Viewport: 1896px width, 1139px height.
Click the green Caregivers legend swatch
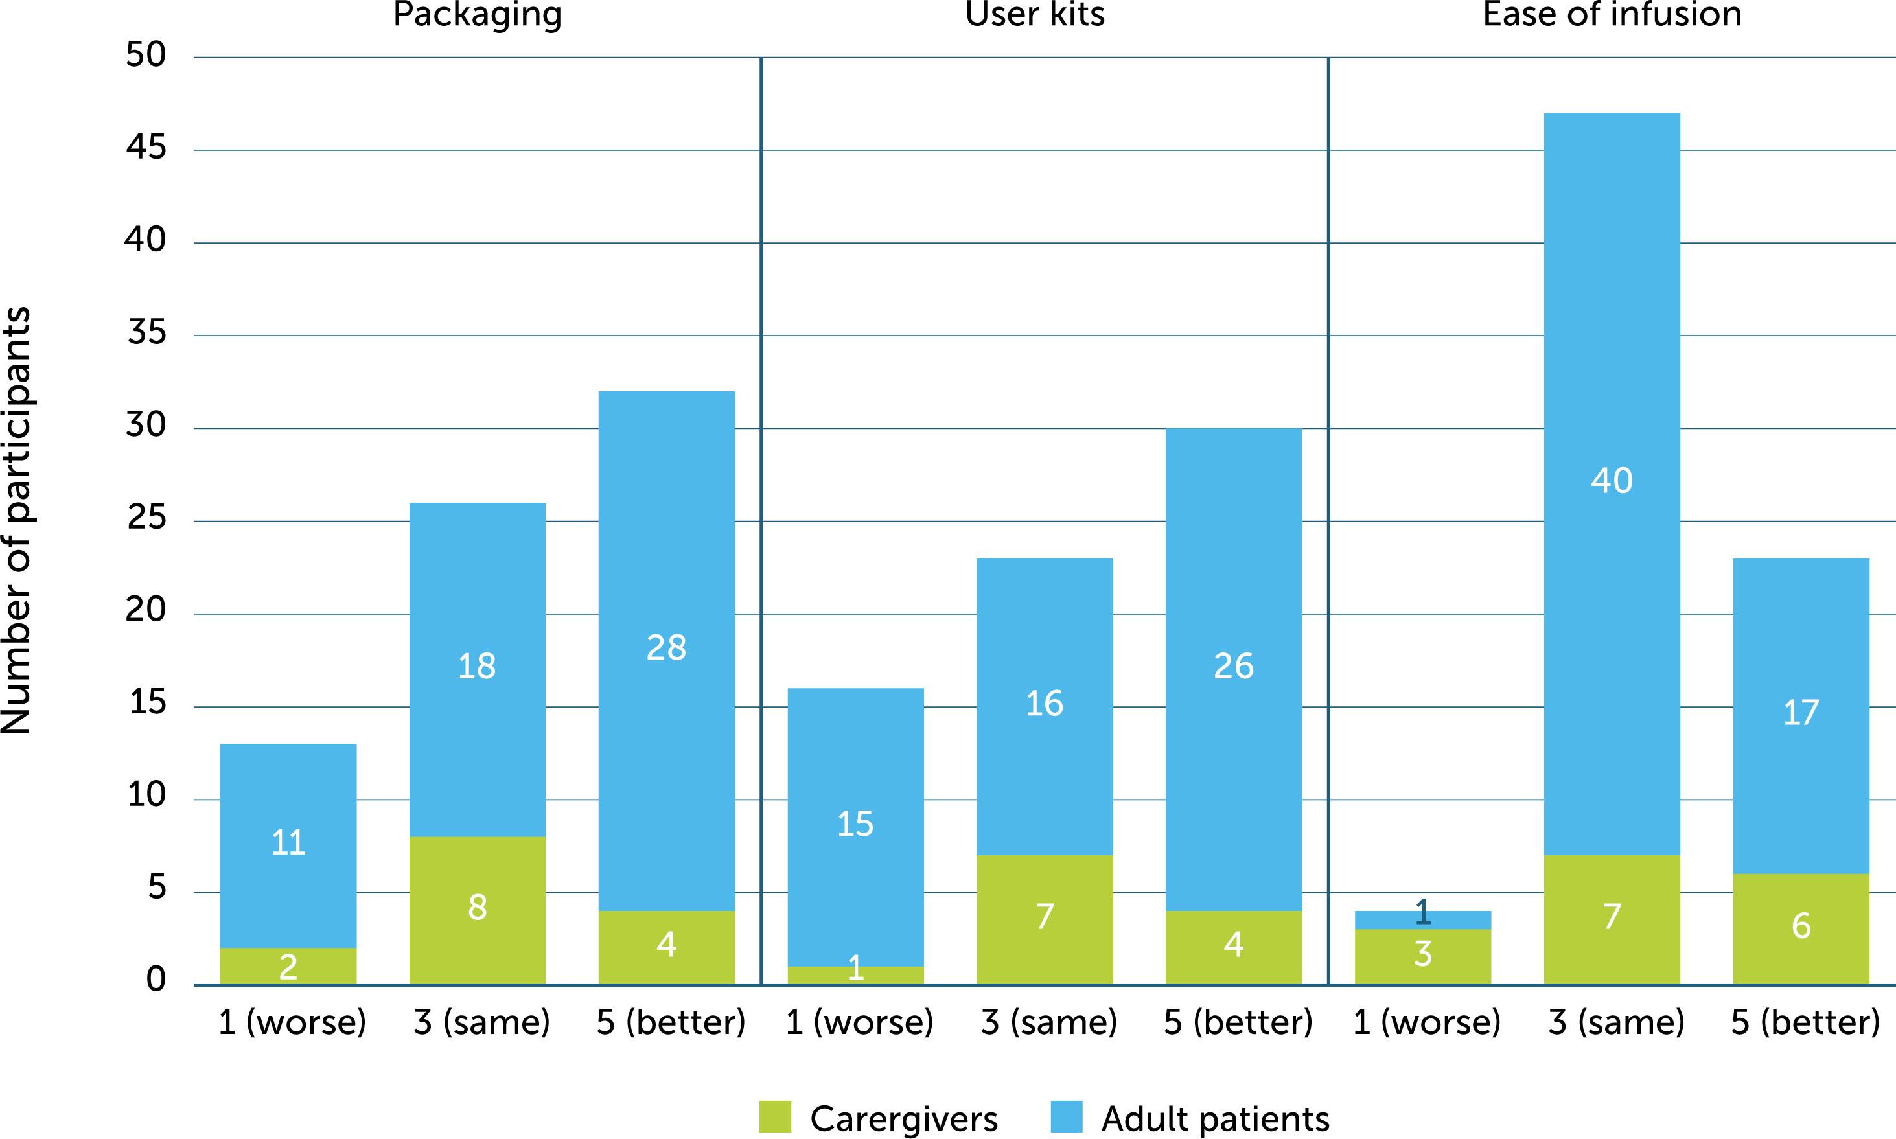click(774, 1117)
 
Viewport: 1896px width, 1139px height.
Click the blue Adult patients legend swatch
click(1066, 1117)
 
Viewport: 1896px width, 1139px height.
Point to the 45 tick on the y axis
click(146, 147)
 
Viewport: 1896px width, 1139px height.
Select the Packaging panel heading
click(478, 14)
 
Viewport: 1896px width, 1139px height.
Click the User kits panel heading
click(1035, 14)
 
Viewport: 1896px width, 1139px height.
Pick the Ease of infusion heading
click(1612, 14)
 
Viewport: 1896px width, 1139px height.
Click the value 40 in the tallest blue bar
click(1612, 481)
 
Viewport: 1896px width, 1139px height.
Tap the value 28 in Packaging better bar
click(666, 648)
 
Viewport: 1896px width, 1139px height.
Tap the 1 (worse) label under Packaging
click(292, 1022)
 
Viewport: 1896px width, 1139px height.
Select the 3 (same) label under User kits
click(1048, 1022)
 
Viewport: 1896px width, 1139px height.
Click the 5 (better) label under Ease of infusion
click(1805, 1022)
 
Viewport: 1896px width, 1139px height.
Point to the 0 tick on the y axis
click(156, 980)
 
